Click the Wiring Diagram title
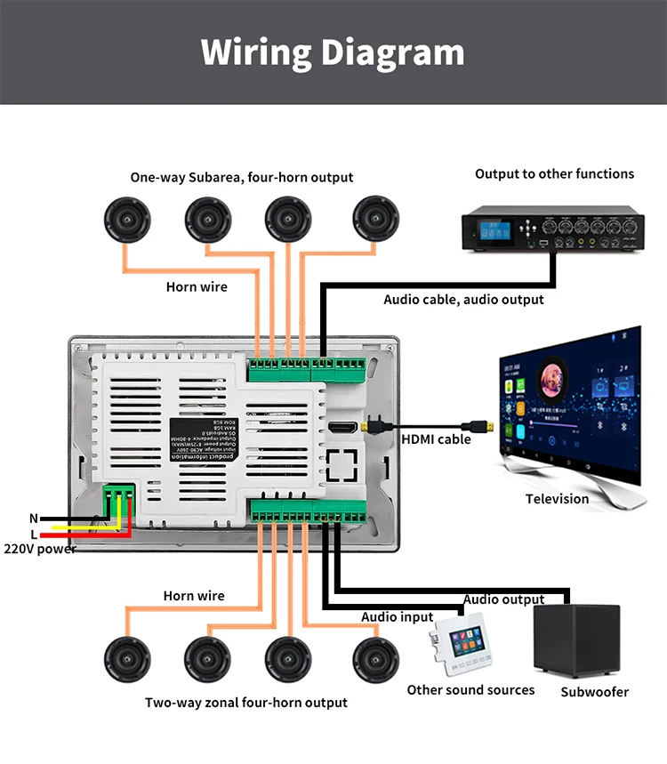(x=333, y=52)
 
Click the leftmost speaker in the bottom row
(x=126, y=659)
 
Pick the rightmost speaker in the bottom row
(x=375, y=659)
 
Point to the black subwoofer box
(x=575, y=639)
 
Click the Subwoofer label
(x=594, y=692)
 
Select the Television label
(x=557, y=499)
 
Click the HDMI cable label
(x=436, y=439)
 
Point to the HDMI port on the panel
(x=342, y=428)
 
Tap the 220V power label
(x=40, y=549)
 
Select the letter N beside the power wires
(x=34, y=519)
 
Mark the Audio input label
(x=397, y=617)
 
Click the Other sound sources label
(x=470, y=690)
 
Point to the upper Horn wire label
(x=197, y=287)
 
